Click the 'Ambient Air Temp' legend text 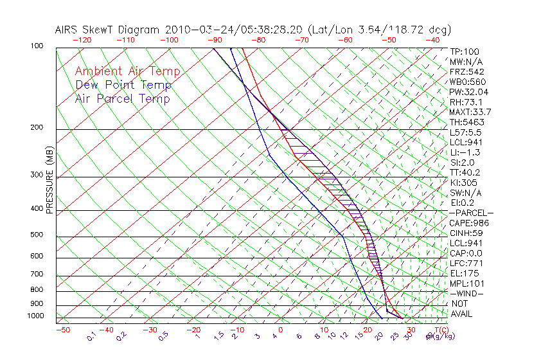(x=128, y=71)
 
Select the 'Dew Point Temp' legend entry (x=123, y=85)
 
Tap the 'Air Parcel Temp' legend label (x=123, y=98)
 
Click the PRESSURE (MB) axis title (x=49, y=181)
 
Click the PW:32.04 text (x=469, y=92)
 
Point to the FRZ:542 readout (x=466, y=71)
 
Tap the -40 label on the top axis (x=432, y=40)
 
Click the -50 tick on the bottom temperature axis (x=62, y=330)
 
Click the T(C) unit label (x=437, y=330)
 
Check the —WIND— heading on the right (x=467, y=294)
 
